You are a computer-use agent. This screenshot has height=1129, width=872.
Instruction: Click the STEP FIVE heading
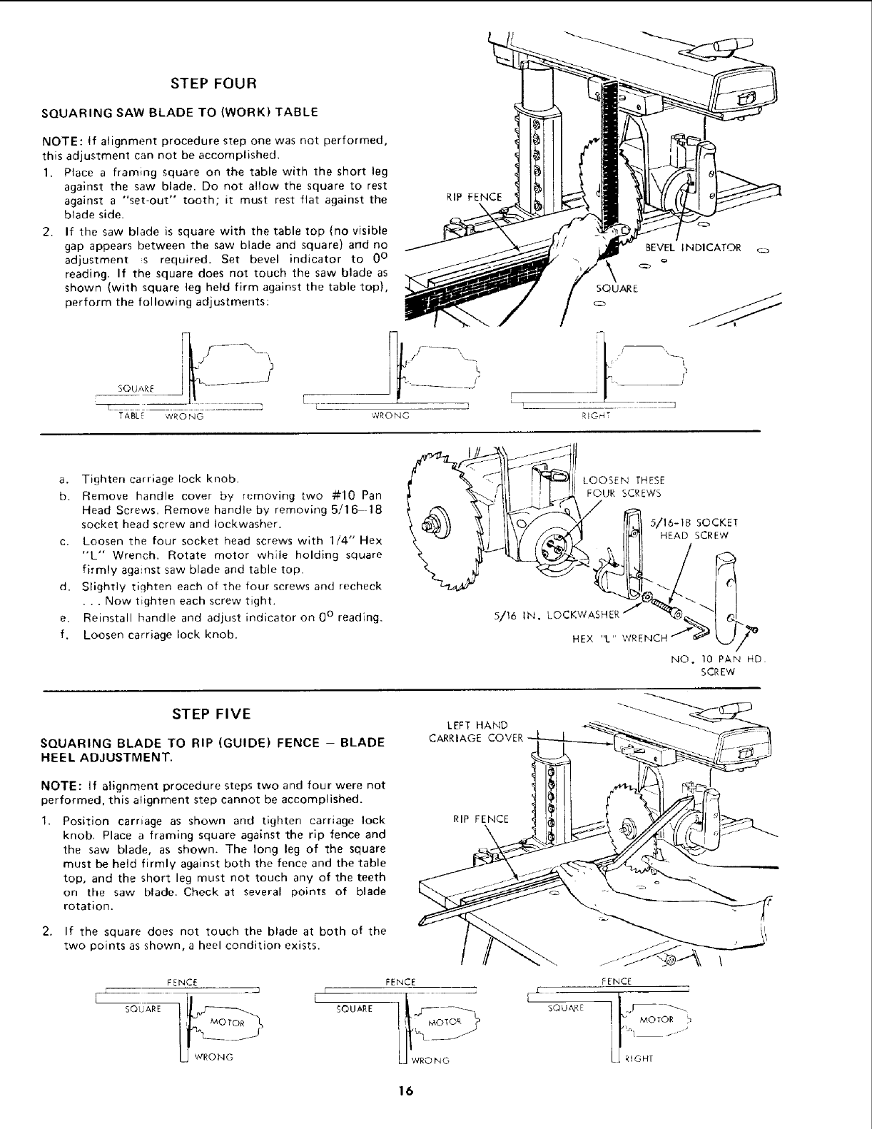(x=211, y=714)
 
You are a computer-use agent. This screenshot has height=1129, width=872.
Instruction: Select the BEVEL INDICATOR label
(x=693, y=248)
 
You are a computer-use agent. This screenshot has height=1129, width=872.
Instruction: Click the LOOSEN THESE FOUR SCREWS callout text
(x=622, y=486)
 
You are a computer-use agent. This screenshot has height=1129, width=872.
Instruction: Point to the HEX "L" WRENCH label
(x=618, y=638)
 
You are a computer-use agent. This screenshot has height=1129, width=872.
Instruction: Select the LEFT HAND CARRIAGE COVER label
(x=475, y=731)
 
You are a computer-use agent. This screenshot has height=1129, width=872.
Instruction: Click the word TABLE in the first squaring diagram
(x=131, y=415)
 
